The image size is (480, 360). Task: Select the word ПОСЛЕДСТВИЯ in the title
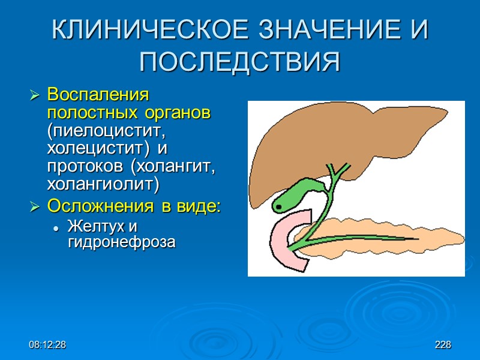(240, 62)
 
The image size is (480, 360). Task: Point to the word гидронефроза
(122, 242)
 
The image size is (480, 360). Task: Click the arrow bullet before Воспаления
(35, 95)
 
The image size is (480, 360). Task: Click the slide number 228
(443, 346)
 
